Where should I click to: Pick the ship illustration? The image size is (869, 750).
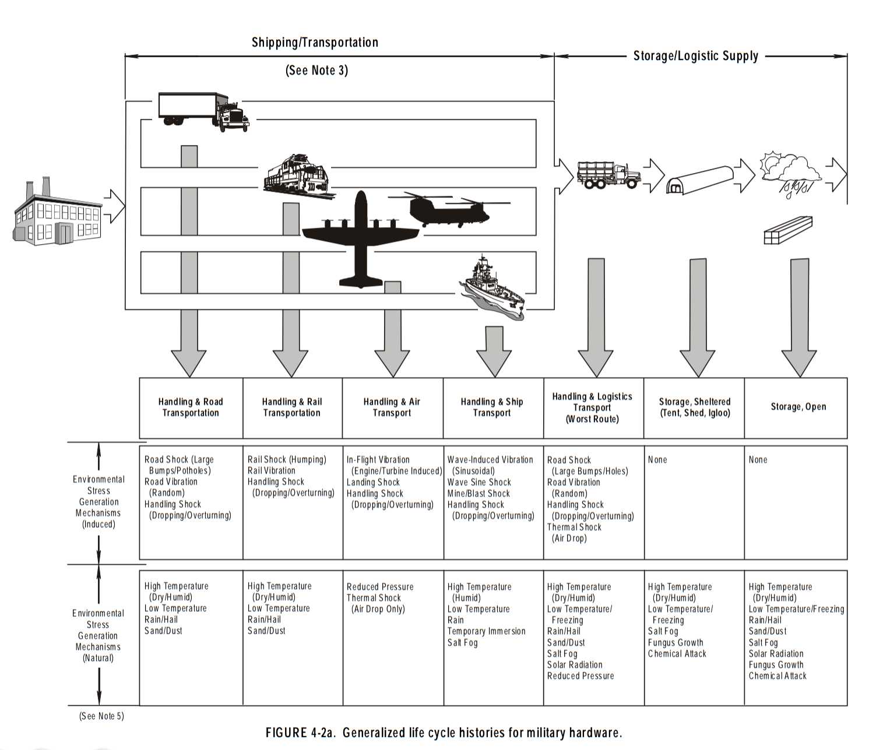click(x=493, y=288)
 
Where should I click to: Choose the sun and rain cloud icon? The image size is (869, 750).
click(x=790, y=172)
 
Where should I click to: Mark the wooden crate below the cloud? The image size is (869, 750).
click(x=787, y=230)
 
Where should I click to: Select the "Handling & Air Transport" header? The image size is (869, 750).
click(x=392, y=407)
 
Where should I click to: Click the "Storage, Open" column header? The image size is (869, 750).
click(x=798, y=407)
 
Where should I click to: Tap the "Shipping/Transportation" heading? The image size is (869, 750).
click(x=315, y=43)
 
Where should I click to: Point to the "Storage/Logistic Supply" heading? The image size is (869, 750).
click(x=695, y=56)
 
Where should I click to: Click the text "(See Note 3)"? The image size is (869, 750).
click(x=316, y=71)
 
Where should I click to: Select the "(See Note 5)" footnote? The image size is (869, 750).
click(x=101, y=716)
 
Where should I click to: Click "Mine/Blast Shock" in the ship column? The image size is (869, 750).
click(x=478, y=494)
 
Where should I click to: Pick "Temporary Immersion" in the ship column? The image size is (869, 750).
click(x=486, y=631)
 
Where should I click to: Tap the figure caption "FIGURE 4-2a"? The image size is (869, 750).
click(x=443, y=733)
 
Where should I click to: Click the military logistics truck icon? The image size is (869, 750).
click(x=608, y=174)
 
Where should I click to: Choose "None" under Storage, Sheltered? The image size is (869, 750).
click(x=657, y=460)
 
